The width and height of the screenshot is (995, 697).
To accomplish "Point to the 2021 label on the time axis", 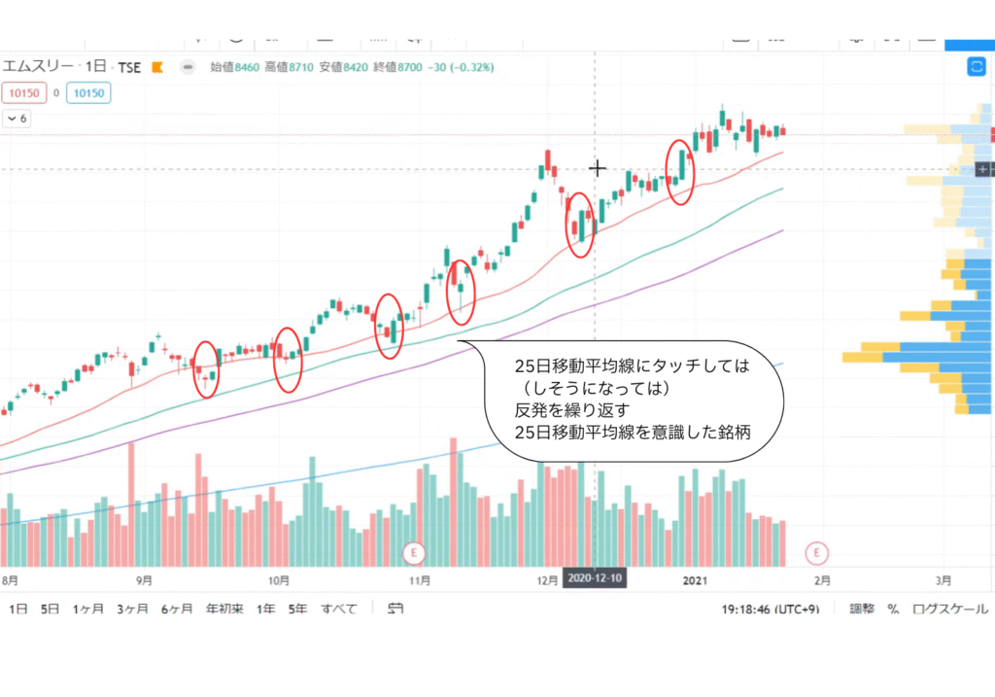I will pos(694,580).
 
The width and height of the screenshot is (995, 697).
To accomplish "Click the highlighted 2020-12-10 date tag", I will pos(592,577).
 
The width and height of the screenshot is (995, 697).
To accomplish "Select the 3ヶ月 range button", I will pos(132,610).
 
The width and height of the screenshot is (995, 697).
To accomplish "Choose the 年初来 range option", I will pos(223,610).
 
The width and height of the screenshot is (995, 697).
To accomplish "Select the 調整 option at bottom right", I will pos(862,610).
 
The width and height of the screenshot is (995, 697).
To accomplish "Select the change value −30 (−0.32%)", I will pos(458,67).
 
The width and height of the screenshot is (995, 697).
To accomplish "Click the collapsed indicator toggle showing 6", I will pos(17,119).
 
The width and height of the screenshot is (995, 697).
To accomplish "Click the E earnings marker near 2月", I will pos(817,553).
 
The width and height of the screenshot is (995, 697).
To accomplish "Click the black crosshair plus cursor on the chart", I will pos(597,168).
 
